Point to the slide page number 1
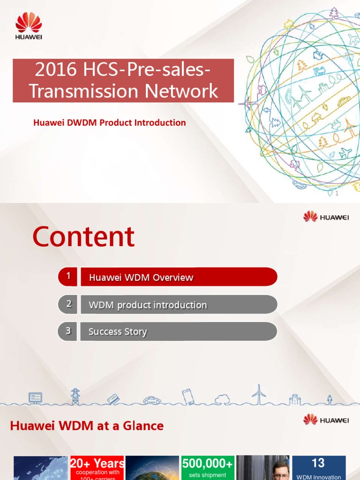(336, 194)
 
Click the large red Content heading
(83, 237)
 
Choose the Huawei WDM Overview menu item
(179, 277)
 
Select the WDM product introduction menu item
(179, 305)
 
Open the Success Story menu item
(179, 332)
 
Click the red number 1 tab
(68, 277)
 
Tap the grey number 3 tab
(68, 331)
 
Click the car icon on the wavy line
(152, 400)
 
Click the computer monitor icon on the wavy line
(35, 398)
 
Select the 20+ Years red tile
(97, 467)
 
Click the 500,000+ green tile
(207, 467)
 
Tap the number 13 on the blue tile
(318, 463)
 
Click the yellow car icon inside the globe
(344, 100)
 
